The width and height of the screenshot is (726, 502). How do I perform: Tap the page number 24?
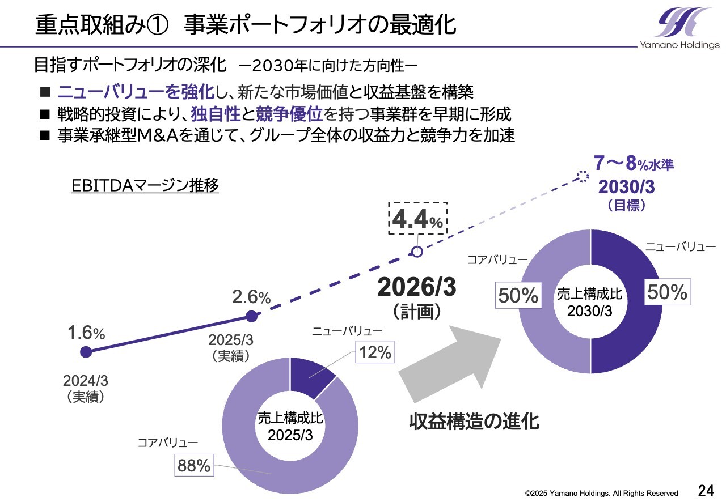click(706, 491)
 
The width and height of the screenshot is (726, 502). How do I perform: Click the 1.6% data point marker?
click(86, 352)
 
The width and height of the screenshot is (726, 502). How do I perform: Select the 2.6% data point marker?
click(252, 316)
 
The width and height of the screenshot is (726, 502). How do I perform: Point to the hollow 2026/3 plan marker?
click(417, 252)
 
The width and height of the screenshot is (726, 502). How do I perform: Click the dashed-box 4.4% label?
click(417, 219)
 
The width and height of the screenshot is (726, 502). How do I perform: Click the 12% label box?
click(375, 352)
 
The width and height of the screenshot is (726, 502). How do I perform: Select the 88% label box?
click(194, 466)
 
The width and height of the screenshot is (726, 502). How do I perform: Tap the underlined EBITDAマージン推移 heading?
click(145, 186)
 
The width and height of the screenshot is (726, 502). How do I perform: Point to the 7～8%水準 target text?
click(634, 165)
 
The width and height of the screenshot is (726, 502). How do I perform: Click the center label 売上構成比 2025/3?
click(290, 427)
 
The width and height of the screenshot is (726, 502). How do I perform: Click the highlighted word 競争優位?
click(289, 114)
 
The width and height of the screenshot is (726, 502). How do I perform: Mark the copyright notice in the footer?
click(601, 493)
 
